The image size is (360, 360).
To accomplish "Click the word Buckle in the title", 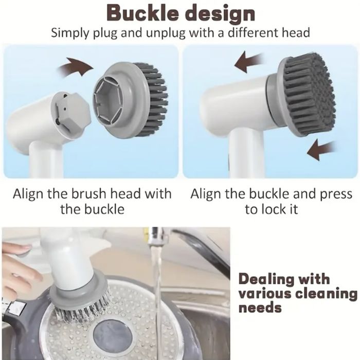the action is [142, 13].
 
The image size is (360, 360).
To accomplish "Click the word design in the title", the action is [220, 15].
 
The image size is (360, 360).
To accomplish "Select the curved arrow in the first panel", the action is [76, 66].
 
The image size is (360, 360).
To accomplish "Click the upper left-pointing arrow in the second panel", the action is [249, 62].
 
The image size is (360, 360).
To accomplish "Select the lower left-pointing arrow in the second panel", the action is [321, 149].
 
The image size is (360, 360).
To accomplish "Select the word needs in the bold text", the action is [260, 308].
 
